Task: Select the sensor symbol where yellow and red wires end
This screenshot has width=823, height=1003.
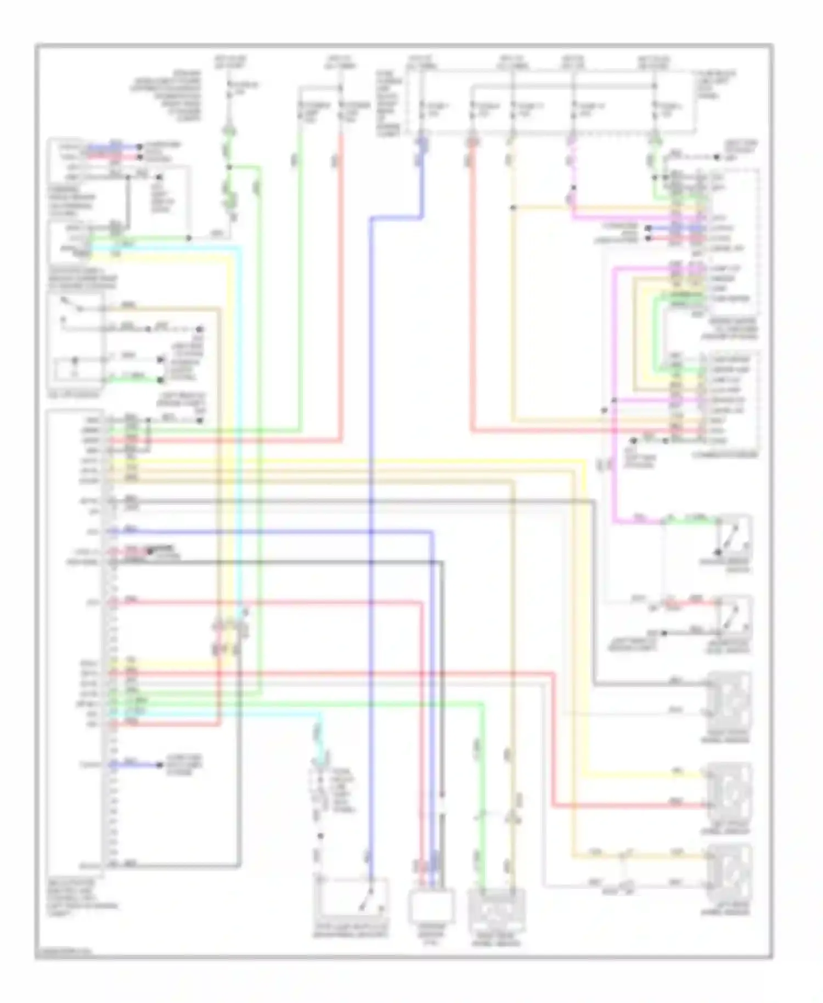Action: tap(730, 790)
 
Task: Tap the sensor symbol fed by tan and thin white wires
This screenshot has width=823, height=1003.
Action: tap(730, 872)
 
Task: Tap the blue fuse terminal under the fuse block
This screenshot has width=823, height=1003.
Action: tap(422, 143)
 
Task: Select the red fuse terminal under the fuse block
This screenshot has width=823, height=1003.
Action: tap(472, 143)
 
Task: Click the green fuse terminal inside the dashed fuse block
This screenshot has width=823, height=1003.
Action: tap(656, 142)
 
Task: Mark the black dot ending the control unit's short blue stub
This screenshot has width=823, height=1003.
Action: tap(161, 765)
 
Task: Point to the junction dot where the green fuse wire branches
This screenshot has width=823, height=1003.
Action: tap(229, 167)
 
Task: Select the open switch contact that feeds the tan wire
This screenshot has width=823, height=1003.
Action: tap(71, 305)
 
